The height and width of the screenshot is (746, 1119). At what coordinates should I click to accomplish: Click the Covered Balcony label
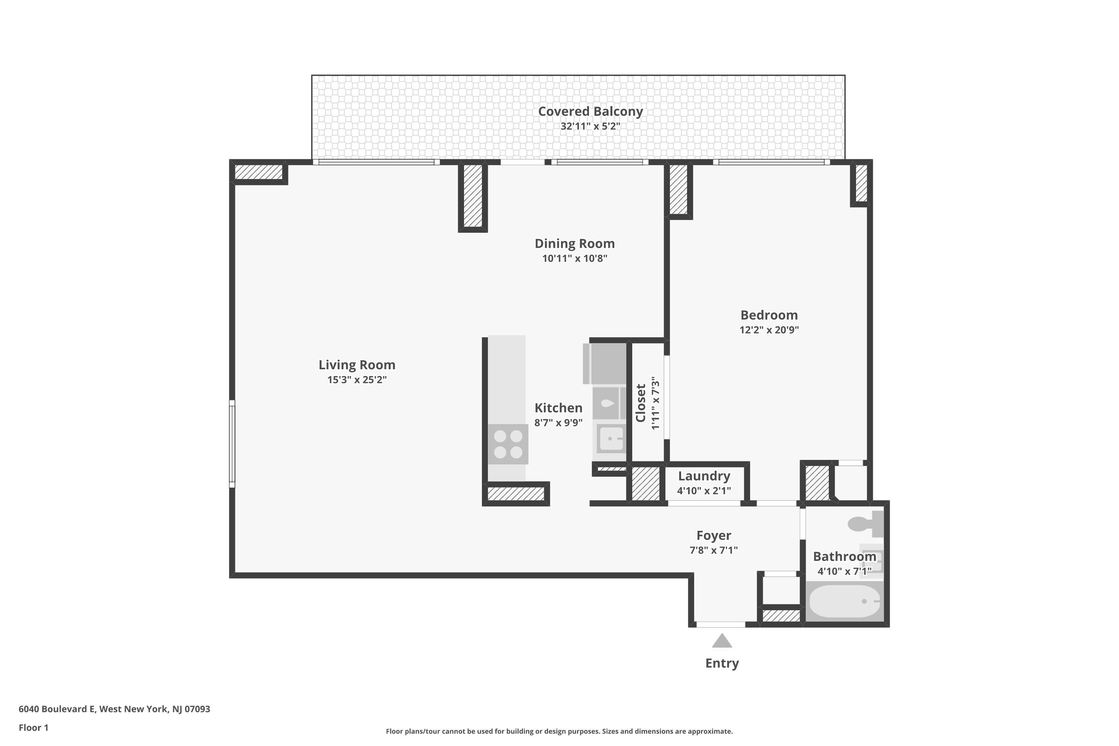590,111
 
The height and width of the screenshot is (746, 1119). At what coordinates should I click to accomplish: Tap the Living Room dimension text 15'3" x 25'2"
357,380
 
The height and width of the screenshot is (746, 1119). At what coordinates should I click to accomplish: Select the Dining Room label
574,244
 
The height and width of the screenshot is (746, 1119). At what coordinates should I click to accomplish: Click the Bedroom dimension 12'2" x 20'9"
769,330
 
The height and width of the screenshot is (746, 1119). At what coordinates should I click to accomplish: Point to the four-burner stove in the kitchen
508,444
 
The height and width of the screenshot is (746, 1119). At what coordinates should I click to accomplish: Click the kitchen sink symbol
611,439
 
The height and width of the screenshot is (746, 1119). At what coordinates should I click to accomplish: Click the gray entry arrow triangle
722,641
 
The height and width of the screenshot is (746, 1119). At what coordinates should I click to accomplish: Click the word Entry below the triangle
722,663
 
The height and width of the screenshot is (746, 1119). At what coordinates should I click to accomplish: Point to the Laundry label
703,476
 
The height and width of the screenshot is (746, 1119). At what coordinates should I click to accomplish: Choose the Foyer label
713,535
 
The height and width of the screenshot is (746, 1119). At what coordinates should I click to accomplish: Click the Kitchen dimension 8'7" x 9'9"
558,423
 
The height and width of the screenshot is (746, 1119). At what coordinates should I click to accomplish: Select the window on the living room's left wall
232,443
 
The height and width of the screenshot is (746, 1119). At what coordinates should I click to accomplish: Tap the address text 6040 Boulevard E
114,709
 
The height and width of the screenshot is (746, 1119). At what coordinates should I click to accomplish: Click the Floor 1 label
33,727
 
